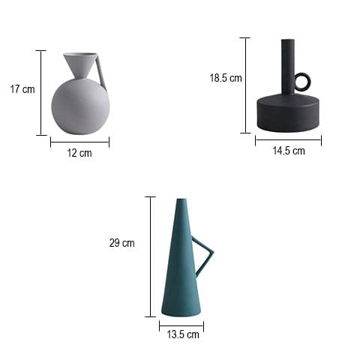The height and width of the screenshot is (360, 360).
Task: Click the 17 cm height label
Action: (x=22, y=89)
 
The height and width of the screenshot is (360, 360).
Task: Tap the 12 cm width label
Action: (x=79, y=153)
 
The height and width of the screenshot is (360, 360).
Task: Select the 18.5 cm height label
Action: (x=226, y=78)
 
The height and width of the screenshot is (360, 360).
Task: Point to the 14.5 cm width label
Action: (x=289, y=151)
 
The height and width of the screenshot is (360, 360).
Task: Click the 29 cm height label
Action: (x=122, y=243)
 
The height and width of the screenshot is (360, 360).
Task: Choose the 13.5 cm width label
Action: (x=183, y=334)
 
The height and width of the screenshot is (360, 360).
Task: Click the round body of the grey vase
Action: (x=80, y=106)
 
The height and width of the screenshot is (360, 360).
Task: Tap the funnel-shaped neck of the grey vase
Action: (x=80, y=65)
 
